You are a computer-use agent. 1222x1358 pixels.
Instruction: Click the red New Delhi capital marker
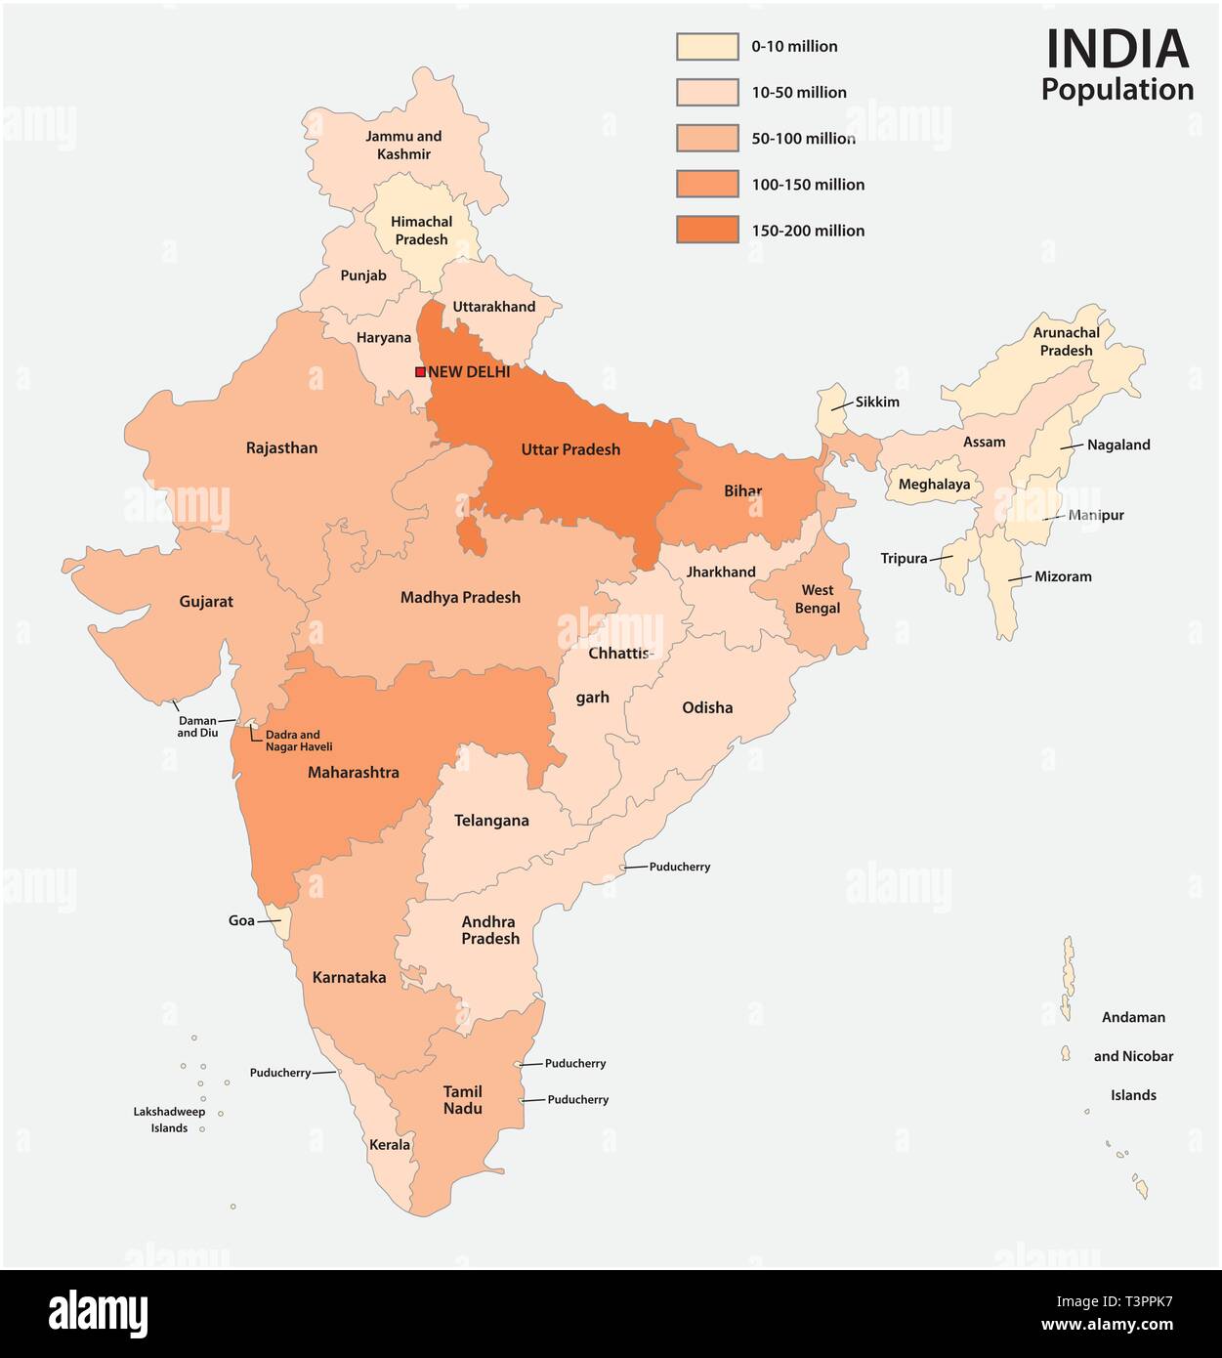tap(420, 371)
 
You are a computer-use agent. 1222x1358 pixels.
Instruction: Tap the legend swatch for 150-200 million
tap(707, 231)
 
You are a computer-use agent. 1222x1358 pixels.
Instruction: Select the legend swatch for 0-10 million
tap(707, 46)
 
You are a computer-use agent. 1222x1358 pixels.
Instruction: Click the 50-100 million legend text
tap(803, 139)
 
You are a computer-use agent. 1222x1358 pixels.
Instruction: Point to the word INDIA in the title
tap(1117, 49)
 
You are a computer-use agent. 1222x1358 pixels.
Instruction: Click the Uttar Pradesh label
tap(570, 449)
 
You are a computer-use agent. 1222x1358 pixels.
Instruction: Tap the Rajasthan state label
tap(281, 447)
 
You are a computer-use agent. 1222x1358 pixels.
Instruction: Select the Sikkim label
tap(877, 402)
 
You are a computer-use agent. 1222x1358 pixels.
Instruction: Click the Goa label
tap(241, 920)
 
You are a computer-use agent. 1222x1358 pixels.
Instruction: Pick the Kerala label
tap(390, 1144)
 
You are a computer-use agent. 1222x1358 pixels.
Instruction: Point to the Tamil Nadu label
tap(463, 1100)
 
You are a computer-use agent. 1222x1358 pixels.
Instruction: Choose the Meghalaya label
tap(935, 484)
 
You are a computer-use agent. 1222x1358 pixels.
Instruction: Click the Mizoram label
tap(1063, 576)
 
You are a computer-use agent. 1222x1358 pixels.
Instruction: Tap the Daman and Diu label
tap(197, 726)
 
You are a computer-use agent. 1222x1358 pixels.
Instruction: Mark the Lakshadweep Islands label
tap(170, 1120)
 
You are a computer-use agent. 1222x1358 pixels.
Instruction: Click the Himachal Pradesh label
tap(421, 231)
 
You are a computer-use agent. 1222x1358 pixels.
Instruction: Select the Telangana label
tap(491, 821)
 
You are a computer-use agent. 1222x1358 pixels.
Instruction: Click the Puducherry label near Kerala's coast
tap(280, 1072)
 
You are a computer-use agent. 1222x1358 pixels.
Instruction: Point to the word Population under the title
tap(1117, 89)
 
